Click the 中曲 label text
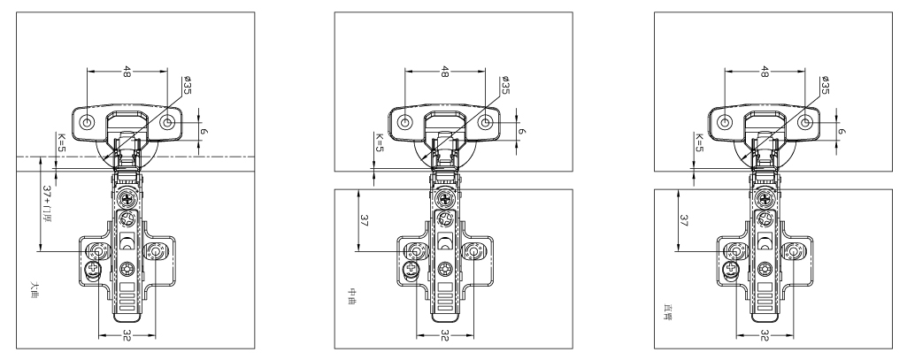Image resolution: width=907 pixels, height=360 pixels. (351, 301)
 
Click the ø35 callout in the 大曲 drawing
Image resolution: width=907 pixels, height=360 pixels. (188, 87)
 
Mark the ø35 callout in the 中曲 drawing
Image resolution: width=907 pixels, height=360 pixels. (504, 87)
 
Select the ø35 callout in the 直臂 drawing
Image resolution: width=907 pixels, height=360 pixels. (825, 87)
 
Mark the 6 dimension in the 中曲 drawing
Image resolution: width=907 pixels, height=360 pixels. (523, 131)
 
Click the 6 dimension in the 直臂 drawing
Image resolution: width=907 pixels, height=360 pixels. (842, 131)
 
